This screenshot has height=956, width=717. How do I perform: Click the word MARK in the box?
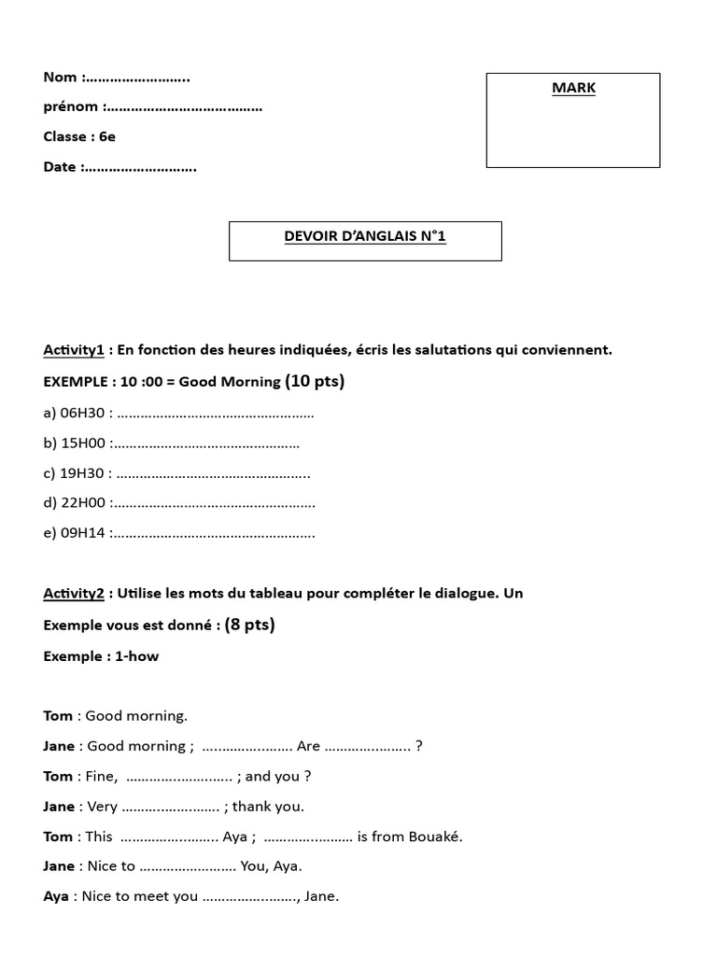pos(573,89)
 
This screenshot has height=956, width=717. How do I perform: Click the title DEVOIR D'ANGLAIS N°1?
pos(365,237)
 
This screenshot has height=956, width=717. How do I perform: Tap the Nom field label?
pos(61,77)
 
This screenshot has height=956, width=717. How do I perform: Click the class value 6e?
pos(107,137)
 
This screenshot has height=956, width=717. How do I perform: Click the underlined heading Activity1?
pos(73,350)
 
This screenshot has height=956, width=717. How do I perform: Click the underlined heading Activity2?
pos(73,594)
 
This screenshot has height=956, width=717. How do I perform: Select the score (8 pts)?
pos(249,625)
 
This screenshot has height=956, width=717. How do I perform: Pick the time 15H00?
pos(83,443)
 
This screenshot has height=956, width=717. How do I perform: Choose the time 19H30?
pos(85,473)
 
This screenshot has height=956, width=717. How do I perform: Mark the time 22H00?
pos(83,503)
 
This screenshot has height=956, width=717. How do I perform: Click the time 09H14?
pos(83,534)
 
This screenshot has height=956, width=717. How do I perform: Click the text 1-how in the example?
pos(137,656)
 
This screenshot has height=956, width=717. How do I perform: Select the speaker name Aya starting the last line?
pos(56,896)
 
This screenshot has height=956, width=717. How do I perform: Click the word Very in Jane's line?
pos(102,807)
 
